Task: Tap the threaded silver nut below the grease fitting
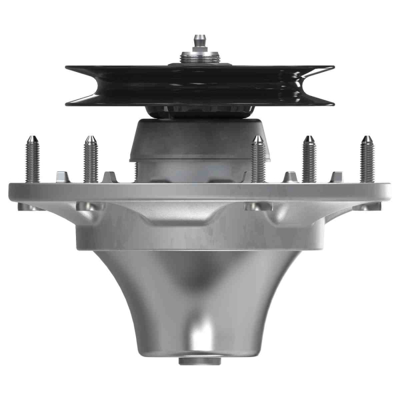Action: pyautogui.click(x=199, y=57)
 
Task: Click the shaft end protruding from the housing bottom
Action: pyautogui.click(x=199, y=361)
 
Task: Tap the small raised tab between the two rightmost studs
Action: pyautogui.click(x=338, y=176)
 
